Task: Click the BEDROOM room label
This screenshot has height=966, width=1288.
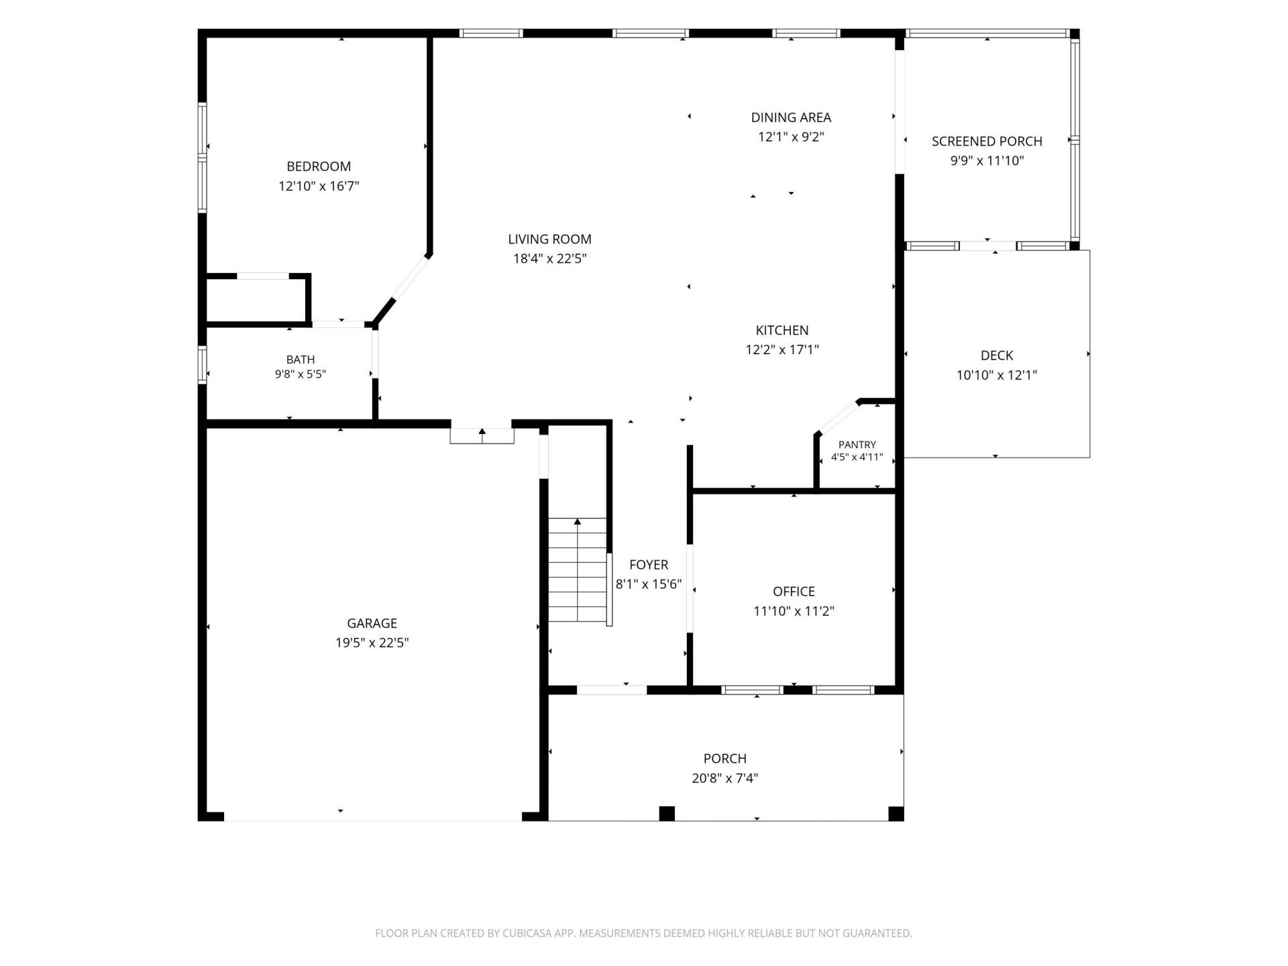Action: pos(319,166)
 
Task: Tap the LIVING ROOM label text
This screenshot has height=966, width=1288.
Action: pos(549,239)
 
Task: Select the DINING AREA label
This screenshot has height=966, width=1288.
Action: pos(791,117)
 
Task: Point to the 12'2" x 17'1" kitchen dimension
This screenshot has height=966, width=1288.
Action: pos(782,350)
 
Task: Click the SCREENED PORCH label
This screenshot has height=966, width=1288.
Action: pos(987,142)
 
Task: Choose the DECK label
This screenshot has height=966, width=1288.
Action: pos(997,356)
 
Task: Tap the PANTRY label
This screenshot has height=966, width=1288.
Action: pos(857,445)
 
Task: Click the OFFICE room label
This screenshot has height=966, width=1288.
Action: pos(794,592)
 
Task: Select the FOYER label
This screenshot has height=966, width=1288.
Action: pos(649,565)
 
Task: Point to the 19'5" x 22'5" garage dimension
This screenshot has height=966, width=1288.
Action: pos(372,643)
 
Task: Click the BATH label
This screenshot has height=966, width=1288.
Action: pos(301,360)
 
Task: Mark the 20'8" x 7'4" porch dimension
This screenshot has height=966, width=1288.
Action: pos(725,778)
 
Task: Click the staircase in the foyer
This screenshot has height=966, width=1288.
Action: pos(578,570)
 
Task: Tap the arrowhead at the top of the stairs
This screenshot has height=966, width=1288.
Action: pos(578,521)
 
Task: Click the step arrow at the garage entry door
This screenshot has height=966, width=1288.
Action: pos(482,433)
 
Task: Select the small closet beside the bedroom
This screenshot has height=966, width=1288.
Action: pos(256,300)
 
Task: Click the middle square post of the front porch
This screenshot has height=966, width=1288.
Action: pos(666,813)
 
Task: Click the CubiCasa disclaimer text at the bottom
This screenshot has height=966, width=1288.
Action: pos(644,933)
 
